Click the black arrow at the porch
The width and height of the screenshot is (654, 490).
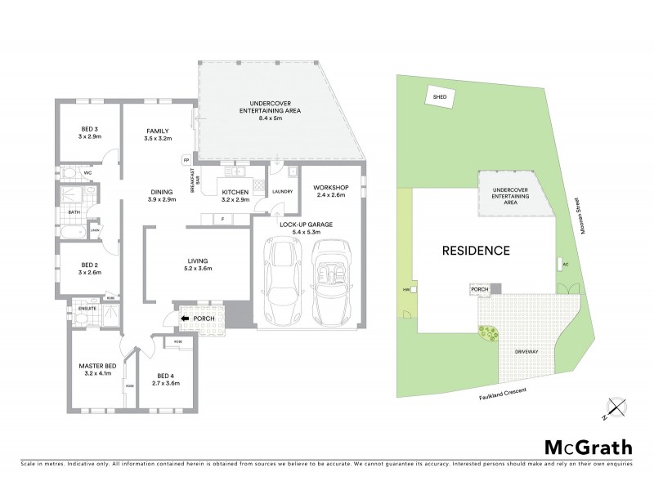pos(187,318)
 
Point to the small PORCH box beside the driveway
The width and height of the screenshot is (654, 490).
pos(480,288)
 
